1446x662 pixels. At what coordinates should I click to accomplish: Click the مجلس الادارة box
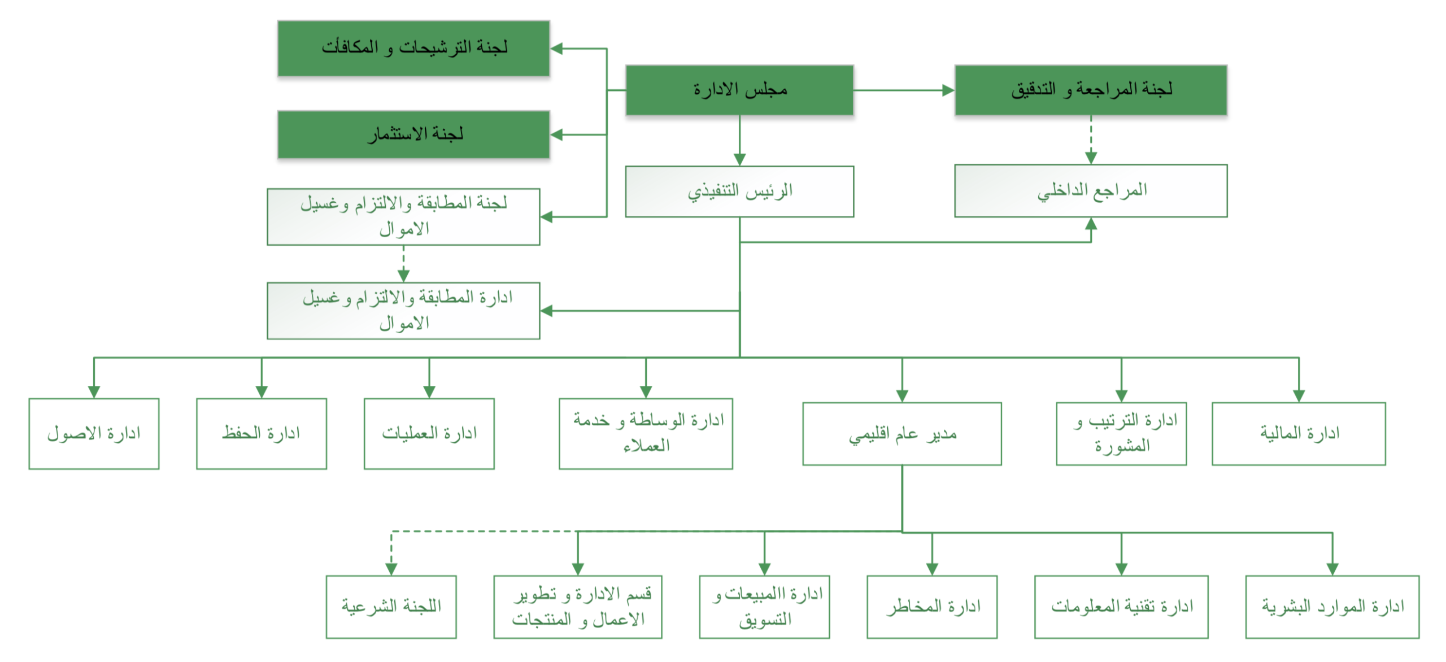click(x=739, y=90)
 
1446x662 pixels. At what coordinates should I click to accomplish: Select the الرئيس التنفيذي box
click(x=739, y=191)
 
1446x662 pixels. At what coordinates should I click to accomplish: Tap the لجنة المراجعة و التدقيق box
click(x=1090, y=90)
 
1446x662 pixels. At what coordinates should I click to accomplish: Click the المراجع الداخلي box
click(x=1090, y=191)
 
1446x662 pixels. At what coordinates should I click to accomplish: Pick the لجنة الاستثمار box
click(x=413, y=134)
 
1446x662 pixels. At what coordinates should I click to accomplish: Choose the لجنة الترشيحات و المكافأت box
click(x=413, y=49)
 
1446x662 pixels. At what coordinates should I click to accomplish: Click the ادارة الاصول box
click(x=94, y=434)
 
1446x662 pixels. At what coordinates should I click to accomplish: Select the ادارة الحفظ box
click(x=261, y=434)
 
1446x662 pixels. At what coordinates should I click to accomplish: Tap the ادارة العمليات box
click(x=429, y=434)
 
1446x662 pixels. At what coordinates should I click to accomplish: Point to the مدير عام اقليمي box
click(x=901, y=434)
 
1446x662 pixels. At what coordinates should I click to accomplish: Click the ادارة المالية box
click(x=1298, y=434)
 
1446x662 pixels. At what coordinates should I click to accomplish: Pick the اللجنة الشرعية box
click(x=391, y=607)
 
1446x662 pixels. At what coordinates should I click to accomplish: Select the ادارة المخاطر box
click(x=931, y=607)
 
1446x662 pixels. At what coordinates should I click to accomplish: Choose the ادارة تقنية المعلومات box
click(x=1121, y=607)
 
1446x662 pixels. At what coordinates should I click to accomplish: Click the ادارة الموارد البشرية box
click(x=1332, y=607)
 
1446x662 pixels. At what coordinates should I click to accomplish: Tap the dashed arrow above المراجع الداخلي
click(x=1091, y=140)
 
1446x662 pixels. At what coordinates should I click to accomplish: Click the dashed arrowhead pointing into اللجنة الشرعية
click(x=391, y=569)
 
